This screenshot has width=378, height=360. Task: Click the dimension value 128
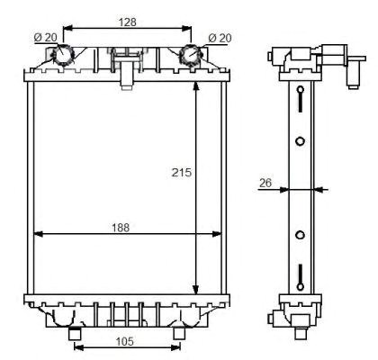pos(128,22)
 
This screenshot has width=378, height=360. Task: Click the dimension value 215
pos(182,173)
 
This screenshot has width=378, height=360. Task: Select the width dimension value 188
pos(121,228)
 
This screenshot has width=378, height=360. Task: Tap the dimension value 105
pos(124,341)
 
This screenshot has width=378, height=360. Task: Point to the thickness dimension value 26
pos(265,183)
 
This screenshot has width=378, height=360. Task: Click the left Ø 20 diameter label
pos(45,38)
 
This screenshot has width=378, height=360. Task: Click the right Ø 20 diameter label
pos(220,38)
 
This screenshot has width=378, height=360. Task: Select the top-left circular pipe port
pos(63,55)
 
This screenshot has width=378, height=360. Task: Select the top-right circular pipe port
pos(191,55)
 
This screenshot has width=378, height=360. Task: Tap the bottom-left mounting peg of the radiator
pos(75,334)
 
